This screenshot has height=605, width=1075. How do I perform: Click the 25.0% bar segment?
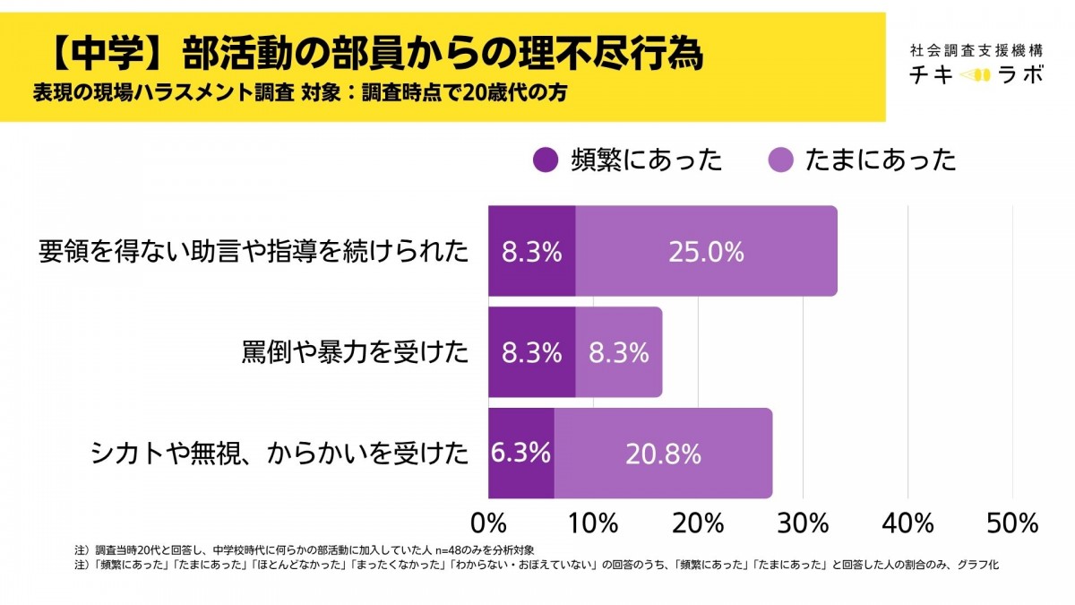click(706, 252)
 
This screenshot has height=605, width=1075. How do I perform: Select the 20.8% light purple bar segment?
click(663, 454)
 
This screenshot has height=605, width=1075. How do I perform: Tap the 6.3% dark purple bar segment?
click(520, 454)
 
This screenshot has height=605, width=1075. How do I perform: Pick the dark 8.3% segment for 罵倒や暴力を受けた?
click(531, 352)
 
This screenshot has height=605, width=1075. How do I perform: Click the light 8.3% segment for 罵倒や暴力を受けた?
click(618, 352)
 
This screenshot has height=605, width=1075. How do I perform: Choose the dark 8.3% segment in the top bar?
click(531, 252)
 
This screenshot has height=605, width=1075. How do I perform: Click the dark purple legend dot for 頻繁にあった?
click(545, 160)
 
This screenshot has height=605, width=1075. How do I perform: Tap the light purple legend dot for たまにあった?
click(781, 160)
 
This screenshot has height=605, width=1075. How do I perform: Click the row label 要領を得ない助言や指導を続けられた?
click(254, 252)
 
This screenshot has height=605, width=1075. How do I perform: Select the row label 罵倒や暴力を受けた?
click(355, 352)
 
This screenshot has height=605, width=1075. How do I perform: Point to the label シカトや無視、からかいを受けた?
click(279, 454)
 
